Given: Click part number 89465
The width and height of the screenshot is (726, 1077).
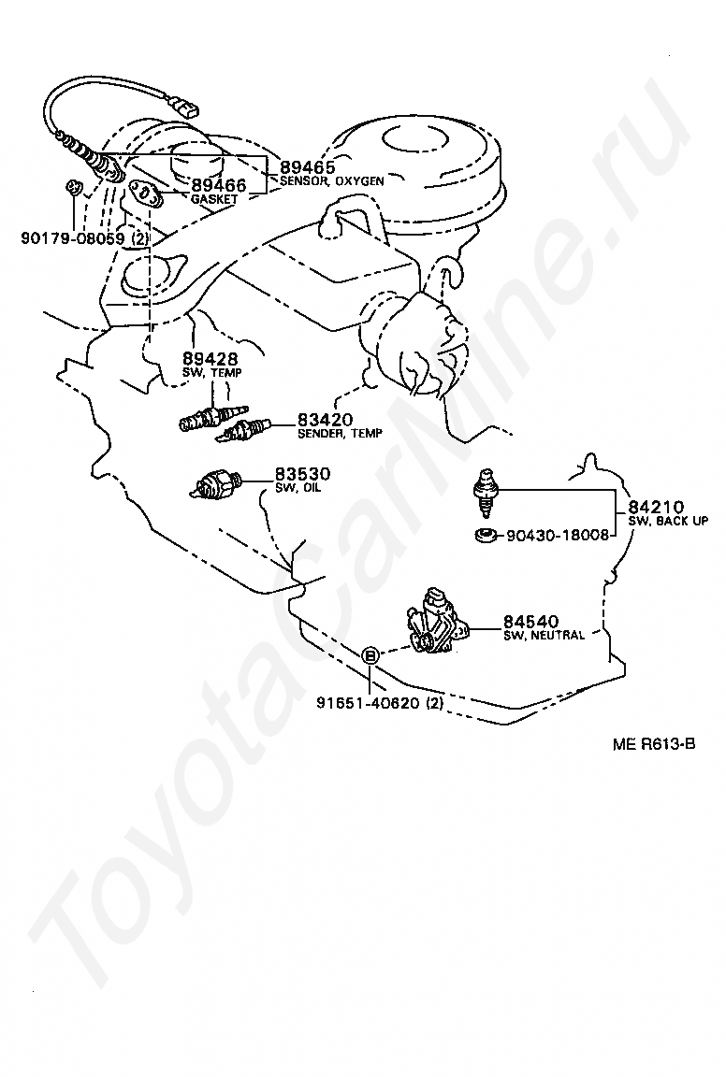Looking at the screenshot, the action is click(308, 168).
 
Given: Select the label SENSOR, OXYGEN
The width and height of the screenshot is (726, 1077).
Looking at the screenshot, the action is click(331, 182).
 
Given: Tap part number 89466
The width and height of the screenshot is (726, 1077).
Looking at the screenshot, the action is click(219, 186).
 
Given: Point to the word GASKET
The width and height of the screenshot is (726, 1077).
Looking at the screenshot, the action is click(214, 200).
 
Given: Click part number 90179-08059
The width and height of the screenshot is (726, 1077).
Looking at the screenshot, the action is click(72, 237).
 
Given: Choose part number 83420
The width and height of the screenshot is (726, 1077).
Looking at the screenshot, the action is click(326, 420).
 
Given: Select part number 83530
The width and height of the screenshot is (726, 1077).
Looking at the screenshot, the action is click(301, 474).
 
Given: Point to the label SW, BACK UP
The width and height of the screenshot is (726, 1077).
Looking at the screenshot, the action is click(667, 521).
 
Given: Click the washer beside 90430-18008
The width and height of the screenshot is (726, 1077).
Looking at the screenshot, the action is click(486, 536).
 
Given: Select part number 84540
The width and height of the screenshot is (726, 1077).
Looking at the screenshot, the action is click(530, 621).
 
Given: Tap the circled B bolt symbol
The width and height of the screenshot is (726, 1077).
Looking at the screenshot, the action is click(370, 655).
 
